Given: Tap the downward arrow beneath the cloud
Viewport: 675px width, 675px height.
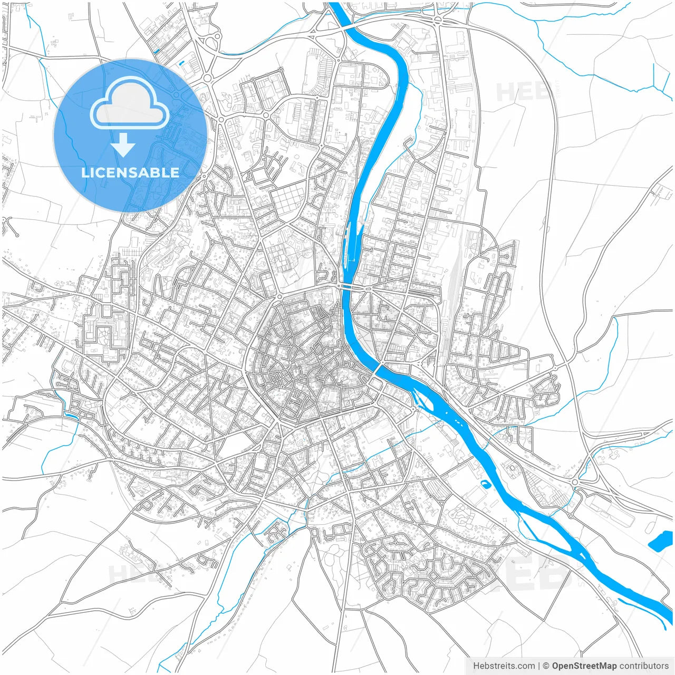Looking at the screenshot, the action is click(x=123, y=145).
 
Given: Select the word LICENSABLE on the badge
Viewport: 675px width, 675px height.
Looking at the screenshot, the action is click(x=130, y=172).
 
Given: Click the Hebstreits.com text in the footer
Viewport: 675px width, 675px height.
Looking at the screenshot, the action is click(x=504, y=666).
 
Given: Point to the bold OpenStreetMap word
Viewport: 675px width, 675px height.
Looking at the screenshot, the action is click(x=584, y=666).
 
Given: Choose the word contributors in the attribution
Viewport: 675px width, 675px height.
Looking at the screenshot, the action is click(x=644, y=666).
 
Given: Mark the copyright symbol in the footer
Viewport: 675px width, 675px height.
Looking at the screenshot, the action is click(x=546, y=666).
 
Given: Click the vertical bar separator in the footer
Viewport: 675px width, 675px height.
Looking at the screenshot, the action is click(x=539, y=666).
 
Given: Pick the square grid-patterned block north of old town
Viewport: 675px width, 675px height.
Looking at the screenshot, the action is click(x=288, y=199).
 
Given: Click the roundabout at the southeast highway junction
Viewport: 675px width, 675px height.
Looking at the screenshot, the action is click(x=575, y=483).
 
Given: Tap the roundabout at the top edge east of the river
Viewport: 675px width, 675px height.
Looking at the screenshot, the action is click(x=438, y=20).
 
